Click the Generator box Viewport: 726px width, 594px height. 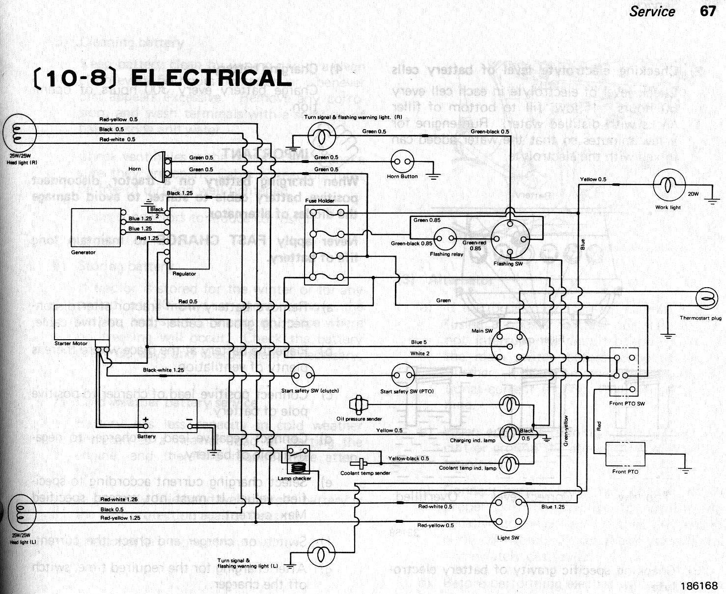[96, 228]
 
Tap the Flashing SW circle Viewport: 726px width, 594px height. [511, 239]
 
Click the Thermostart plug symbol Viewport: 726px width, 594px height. [706, 298]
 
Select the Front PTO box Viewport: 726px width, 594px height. [625, 454]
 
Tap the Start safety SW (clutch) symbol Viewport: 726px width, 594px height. [303, 377]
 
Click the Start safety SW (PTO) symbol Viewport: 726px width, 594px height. [404, 377]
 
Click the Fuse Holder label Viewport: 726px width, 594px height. [319, 201]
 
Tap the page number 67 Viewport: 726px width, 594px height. [708, 11]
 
